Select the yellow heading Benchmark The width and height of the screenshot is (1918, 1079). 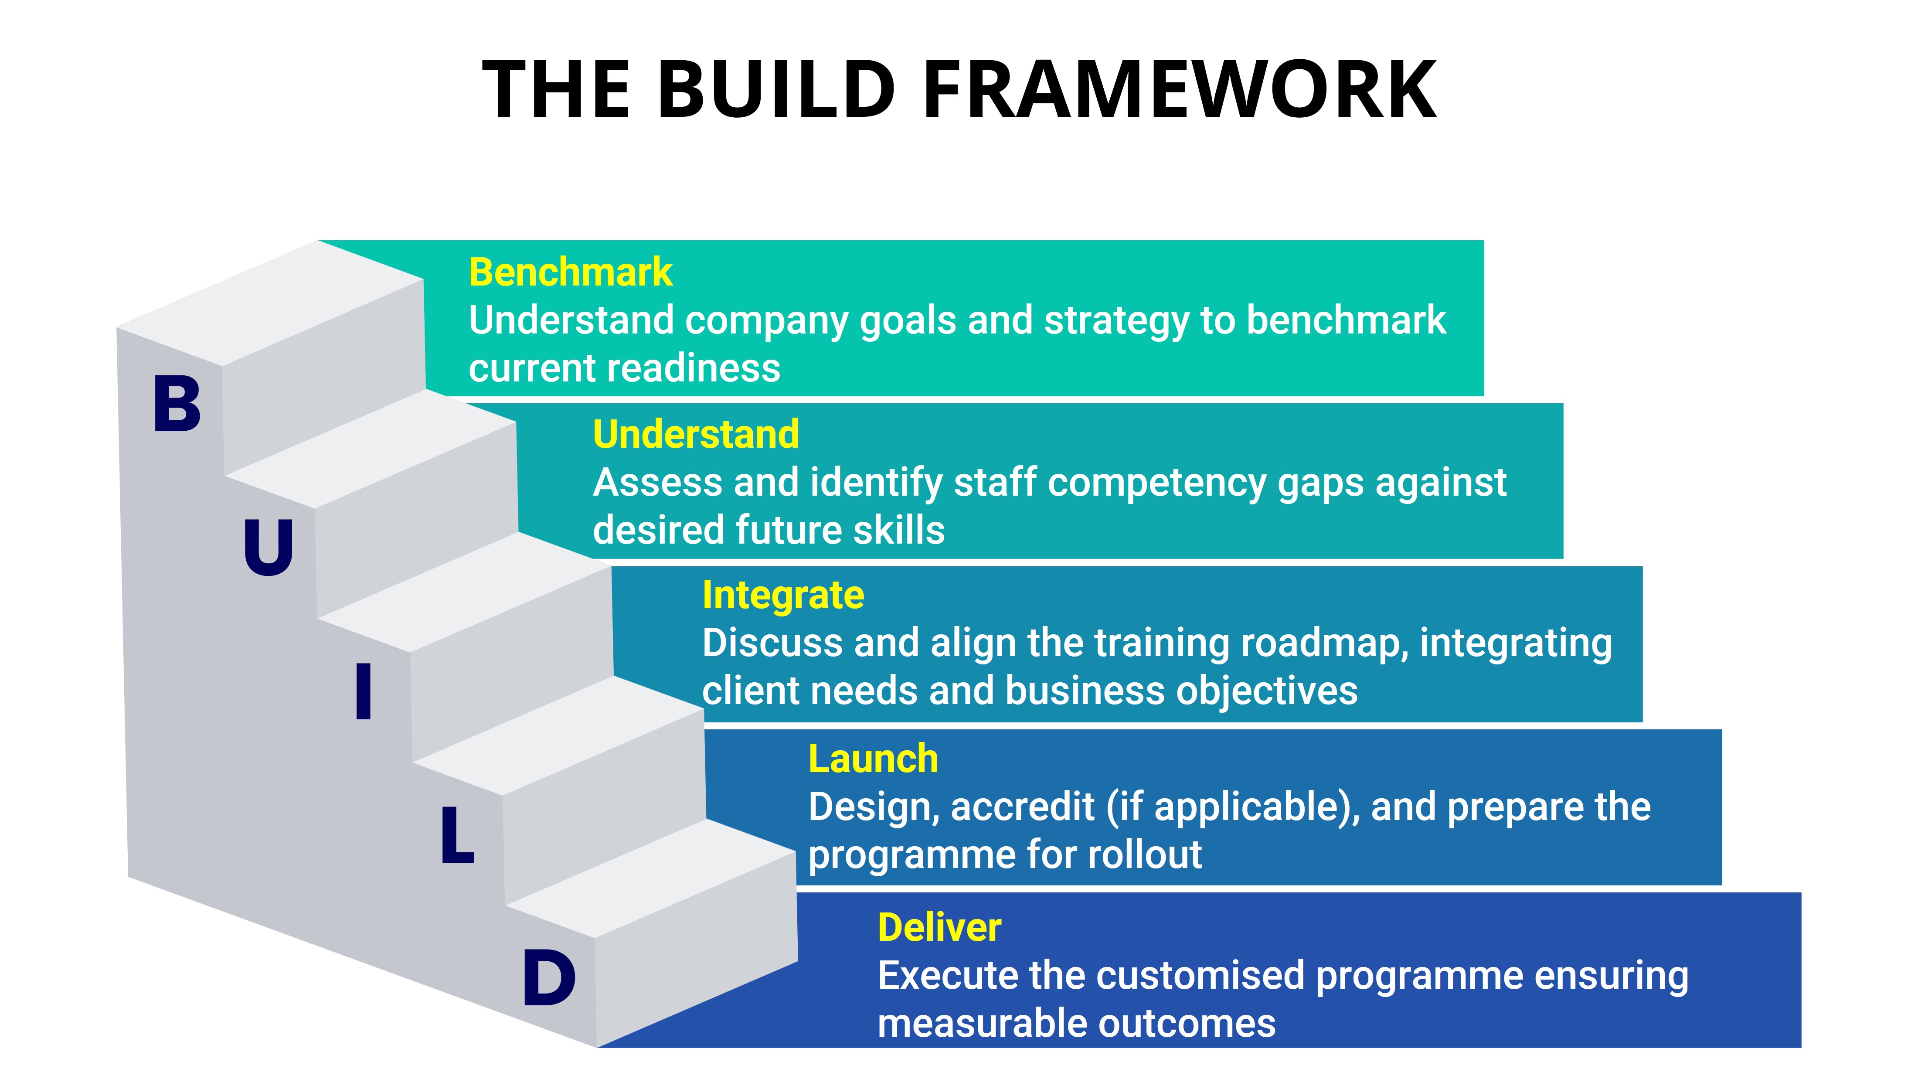[570, 272]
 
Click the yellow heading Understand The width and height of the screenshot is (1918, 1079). [695, 435]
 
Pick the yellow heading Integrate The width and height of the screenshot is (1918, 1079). [782, 596]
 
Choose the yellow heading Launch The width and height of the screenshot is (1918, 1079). [873, 759]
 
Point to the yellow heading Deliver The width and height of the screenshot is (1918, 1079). [939, 928]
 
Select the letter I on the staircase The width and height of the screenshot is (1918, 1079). [364, 693]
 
